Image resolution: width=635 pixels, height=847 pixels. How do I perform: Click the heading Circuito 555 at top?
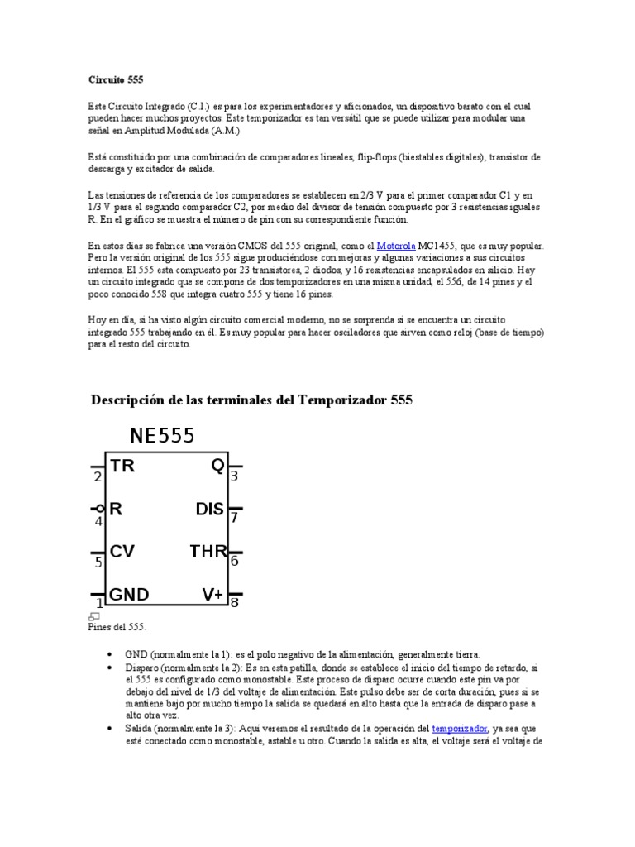click(116, 80)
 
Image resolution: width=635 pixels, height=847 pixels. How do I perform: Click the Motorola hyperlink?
click(396, 246)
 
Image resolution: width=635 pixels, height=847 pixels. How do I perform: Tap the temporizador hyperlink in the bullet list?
click(459, 728)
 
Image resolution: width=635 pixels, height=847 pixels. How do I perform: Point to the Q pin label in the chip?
click(217, 466)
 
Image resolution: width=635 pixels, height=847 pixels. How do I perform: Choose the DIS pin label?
click(210, 509)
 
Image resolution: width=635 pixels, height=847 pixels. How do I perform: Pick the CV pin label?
click(122, 552)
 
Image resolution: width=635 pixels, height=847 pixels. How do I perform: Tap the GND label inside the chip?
click(129, 595)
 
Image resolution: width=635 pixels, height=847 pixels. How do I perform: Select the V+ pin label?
click(212, 595)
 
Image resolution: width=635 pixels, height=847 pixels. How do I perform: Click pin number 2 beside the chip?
click(98, 477)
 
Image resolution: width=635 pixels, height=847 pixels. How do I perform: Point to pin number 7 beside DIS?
click(235, 519)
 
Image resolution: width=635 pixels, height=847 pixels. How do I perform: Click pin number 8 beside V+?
click(235, 603)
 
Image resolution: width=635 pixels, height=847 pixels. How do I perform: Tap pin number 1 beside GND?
click(99, 604)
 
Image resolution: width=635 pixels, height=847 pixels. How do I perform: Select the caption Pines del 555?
click(117, 627)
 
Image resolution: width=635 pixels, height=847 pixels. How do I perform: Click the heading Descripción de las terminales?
click(250, 400)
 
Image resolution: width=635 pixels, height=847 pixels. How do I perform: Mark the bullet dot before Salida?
click(111, 728)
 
